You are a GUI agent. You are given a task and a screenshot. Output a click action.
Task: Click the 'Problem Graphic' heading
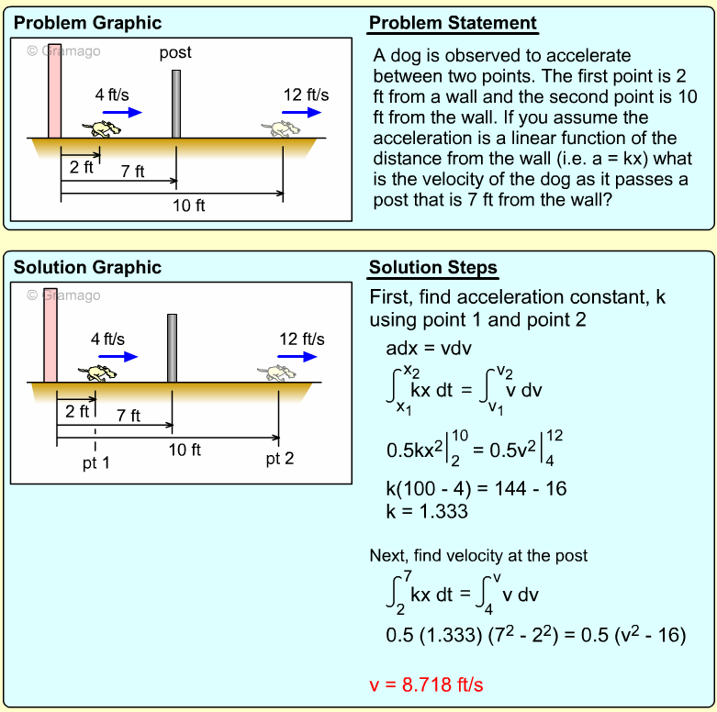pos(87,23)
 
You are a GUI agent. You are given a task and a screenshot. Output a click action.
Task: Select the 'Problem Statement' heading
pos(453,23)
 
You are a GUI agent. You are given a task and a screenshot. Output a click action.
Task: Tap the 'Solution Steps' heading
pos(433,268)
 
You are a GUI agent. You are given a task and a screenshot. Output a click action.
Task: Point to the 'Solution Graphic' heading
pos(87,268)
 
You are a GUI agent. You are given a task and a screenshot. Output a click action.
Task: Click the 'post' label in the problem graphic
pos(175,52)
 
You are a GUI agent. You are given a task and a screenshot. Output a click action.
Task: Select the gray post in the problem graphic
pos(175,103)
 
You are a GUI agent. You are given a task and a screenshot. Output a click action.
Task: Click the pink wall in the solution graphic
pos(50,334)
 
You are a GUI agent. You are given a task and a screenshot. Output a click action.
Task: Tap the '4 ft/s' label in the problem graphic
pos(112,95)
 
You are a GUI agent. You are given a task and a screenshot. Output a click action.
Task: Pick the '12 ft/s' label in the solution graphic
pos(301,339)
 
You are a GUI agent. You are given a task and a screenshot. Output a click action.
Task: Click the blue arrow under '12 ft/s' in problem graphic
pos(301,112)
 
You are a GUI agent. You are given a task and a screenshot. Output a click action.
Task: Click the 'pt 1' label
pos(95,463)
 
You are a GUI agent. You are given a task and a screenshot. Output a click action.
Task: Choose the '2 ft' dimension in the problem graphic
pos(82,167)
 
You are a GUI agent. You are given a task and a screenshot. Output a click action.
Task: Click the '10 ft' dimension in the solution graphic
pos(184,450)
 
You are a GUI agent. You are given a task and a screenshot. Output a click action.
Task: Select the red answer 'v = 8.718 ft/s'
pos(425,684)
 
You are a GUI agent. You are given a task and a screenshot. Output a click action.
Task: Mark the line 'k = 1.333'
pos(427,510)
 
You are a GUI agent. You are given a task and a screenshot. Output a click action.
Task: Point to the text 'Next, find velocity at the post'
pos(478,555)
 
